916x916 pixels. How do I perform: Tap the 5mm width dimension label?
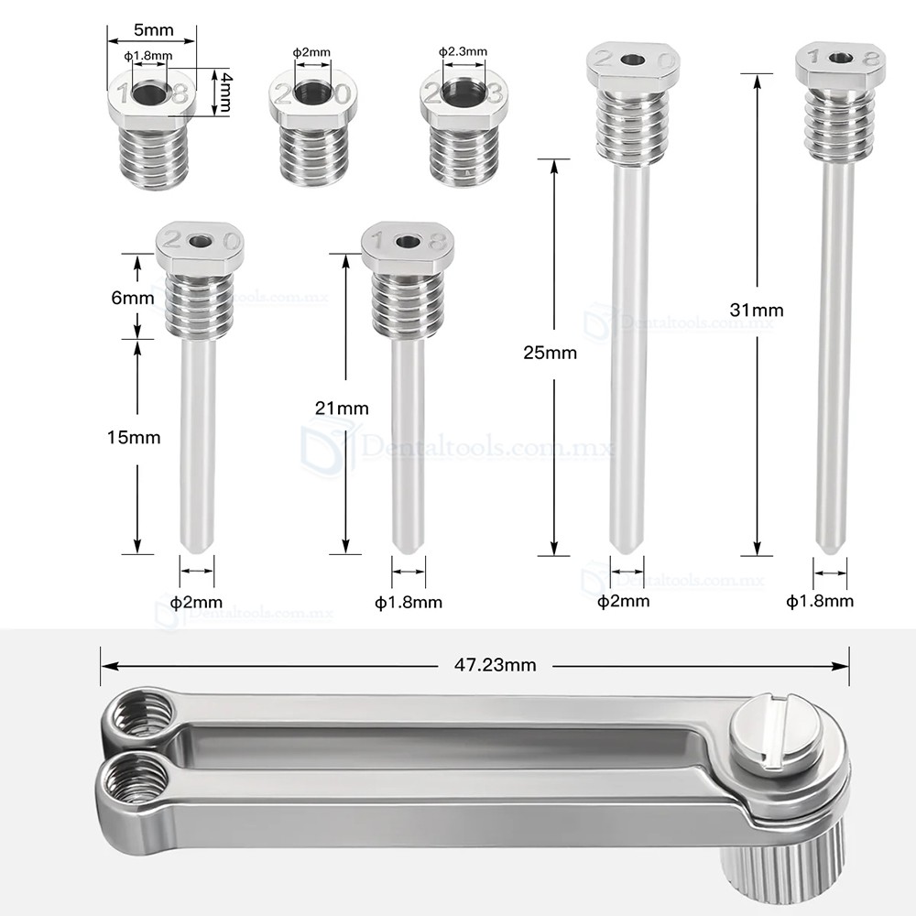[x=153, y=30]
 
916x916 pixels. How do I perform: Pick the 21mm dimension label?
[x=342, y=409]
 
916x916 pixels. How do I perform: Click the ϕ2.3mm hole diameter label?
[x=463, y=52]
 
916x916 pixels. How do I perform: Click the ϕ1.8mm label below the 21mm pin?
[x=409, y=602]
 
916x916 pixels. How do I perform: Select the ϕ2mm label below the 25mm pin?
[x=624, y=601]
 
